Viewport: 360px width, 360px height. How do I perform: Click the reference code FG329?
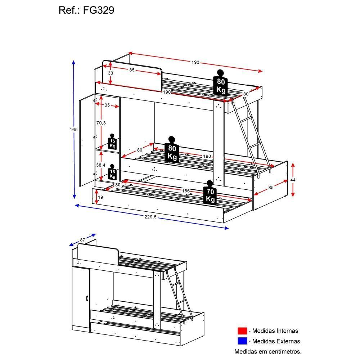click(x=99, y=10)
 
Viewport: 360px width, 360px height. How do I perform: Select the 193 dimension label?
click(x=195, y=62)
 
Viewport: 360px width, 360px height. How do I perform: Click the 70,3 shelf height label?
click(x=101, y=123)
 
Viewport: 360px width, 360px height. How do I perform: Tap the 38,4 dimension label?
click(x=101, y=165)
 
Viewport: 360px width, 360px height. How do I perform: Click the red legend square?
click(x=242, y=331)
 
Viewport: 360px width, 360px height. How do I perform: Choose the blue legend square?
click(x=242, y=341)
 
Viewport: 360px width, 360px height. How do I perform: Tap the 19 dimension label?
click(x=101, y=197)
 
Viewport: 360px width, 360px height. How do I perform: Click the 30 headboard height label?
click(x=111, y=73)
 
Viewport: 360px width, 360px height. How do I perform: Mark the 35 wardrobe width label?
click(x=107, y=105)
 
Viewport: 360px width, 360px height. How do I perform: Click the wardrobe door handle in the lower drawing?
click(x=87, y=298)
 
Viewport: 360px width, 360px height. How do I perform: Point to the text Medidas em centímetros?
click(x=268, y=351)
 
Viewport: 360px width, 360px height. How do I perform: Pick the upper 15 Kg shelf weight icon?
click(x=113, y=143)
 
